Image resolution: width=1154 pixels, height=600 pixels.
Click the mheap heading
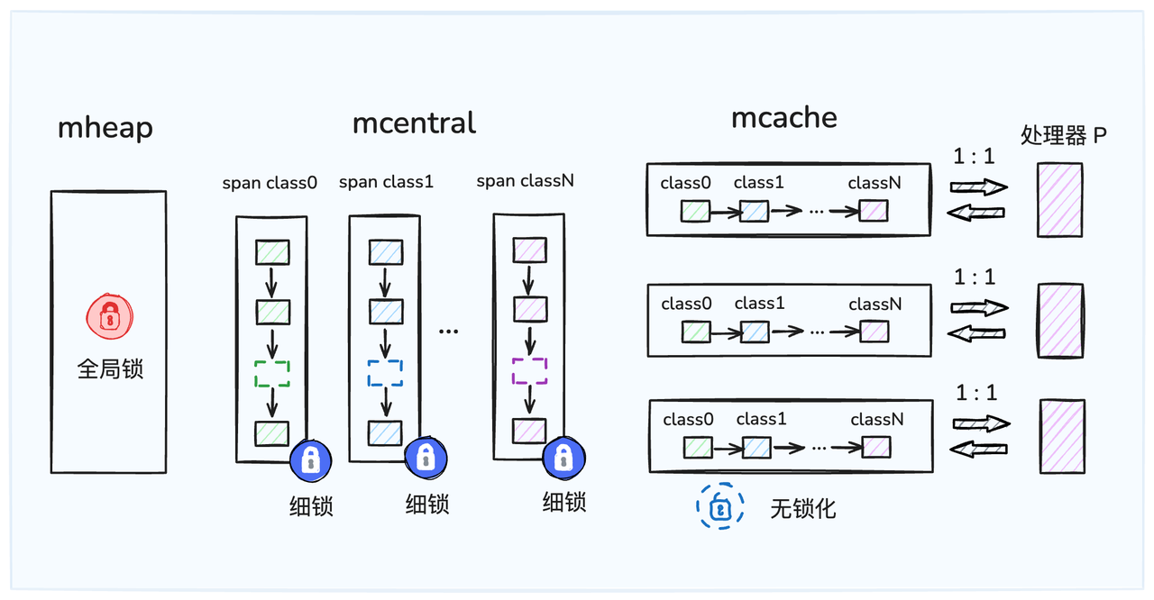(x=105, y=127)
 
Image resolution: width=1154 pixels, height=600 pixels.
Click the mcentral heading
(x=414, y=122)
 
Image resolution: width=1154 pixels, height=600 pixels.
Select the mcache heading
(x=783, y=117)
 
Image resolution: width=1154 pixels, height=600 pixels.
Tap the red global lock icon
(x=108, y=316)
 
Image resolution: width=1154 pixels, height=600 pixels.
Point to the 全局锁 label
(x=109, y=368)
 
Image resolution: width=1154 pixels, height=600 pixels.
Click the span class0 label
(x=270, y=183)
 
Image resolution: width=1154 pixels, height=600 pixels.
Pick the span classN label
(x=525, y=181)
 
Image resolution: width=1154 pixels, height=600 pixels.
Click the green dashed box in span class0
(x=271, y=372)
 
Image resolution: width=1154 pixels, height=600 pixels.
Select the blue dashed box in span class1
(x=384, y=372)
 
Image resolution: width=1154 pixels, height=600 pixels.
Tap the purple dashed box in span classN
(x=528, y=370)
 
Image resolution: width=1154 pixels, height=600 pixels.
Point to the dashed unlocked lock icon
(x=719, y=506)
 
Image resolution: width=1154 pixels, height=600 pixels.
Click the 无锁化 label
(x=802, y=508)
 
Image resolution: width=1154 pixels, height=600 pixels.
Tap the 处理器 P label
(x=1063, y=135)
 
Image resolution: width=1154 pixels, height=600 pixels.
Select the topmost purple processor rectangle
(x=1059, y=200)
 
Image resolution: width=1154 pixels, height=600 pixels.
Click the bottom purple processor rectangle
(x=1062, y=437)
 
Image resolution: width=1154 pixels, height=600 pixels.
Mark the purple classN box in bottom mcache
(x=876, y=447)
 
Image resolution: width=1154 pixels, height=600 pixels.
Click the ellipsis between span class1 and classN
(x=448, y=332)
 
